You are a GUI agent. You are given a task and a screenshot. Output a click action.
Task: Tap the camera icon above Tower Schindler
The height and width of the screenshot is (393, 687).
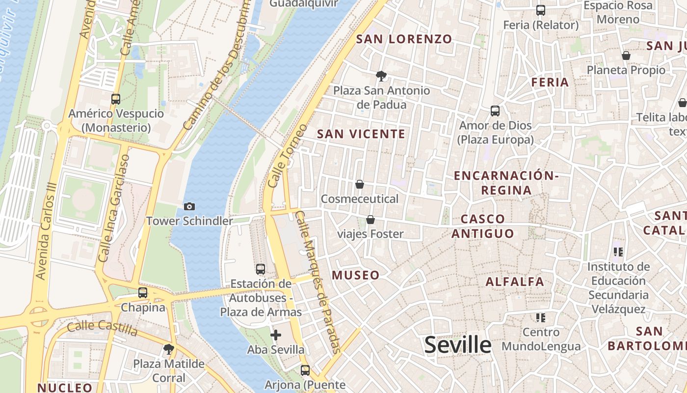[189, 207]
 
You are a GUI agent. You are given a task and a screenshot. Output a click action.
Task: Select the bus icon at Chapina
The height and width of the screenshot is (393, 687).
[143, 293]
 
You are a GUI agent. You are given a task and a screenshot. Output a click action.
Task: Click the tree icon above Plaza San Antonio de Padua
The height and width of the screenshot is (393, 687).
[381, 76]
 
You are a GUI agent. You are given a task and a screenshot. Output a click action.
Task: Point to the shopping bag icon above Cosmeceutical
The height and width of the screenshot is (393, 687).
[360, 184]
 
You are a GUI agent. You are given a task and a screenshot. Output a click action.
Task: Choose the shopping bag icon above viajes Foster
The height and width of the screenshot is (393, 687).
[370, 220]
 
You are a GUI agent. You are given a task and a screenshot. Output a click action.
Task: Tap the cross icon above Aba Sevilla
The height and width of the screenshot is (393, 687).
[276, 335]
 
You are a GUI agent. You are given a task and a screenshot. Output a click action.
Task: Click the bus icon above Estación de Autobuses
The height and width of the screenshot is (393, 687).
[261, 269]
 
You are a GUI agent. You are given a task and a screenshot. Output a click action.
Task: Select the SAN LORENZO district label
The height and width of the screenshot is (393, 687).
[404, 39]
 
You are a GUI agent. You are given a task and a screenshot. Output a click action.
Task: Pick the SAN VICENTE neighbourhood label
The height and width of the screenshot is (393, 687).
[361, 134]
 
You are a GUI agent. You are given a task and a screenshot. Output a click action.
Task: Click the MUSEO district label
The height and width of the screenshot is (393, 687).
[356, 275]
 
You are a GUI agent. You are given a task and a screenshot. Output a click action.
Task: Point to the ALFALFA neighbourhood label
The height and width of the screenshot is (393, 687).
[515, 281]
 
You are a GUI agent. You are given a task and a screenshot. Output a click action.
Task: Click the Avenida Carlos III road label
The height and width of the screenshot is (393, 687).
[48, 231]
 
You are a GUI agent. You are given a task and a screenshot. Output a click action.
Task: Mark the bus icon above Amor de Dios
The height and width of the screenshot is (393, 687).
[495, 111]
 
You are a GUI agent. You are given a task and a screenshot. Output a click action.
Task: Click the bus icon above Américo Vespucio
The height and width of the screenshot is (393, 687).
[116, 99]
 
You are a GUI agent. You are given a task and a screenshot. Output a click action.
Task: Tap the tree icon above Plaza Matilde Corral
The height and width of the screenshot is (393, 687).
[169, 349]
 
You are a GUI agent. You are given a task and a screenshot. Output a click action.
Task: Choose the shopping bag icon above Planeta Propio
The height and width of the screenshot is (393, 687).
[626, 56]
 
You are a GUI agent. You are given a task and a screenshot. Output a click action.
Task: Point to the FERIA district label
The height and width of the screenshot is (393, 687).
[550, 82]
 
